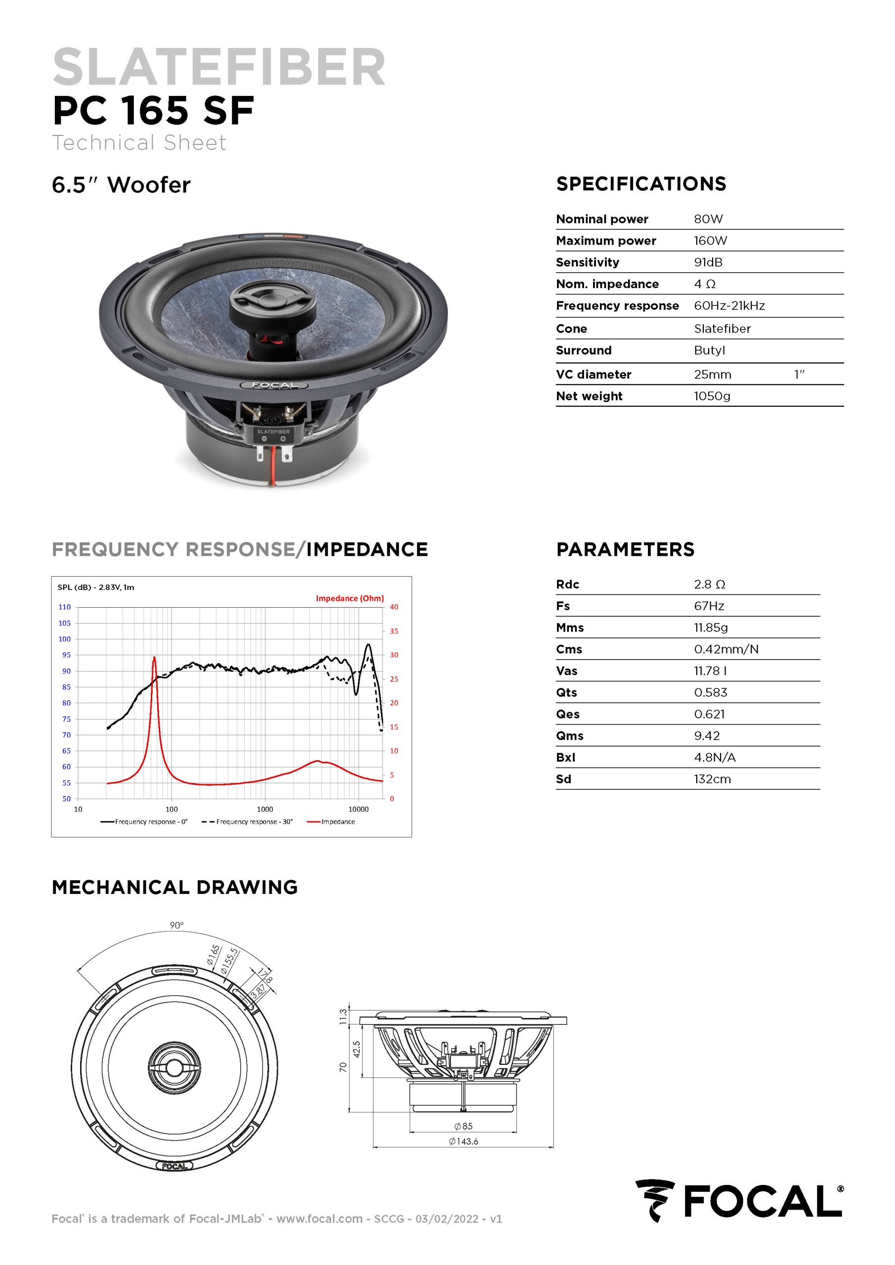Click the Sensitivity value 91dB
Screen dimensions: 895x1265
708,262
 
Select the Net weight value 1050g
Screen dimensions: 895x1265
712,396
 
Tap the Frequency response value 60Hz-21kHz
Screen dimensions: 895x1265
729,306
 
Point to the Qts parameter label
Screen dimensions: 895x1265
566,693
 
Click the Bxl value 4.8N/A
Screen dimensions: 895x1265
715,758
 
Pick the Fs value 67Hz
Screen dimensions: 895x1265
709,606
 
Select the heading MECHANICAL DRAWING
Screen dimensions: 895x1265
175,887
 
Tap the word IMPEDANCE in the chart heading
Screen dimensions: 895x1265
367,549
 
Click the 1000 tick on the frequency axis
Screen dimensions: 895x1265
265,809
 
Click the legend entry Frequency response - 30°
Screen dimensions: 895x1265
248,821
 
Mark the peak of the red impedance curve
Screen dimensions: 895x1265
154,657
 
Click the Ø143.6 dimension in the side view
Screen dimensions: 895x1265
464,1141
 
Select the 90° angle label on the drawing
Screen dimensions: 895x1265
176,926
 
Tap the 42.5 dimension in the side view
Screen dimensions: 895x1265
357,1049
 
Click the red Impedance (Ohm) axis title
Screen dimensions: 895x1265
350,598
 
